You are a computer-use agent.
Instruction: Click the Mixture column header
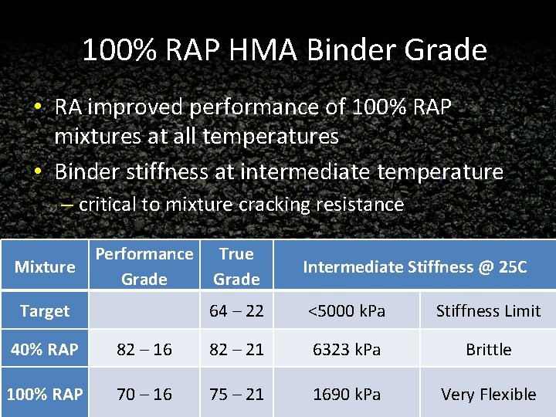pyautogui.click(x=45, y=267)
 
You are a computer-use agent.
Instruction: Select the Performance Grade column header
pyautogui.click(x=144, y=266)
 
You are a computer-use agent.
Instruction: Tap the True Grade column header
pyautogui.click(x=236, y=266)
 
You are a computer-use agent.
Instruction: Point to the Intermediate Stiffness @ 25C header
pyautogui.click(x=415, y=267)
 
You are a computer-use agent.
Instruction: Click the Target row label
pyautogui.click(x=45, y=311)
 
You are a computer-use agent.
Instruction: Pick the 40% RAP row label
pyautogui.click(x=45, y=350)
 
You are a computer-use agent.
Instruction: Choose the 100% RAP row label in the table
pyautogui.click(x=45, y=395)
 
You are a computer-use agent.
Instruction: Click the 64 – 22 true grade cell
pyautogui.click(x=236, y=311)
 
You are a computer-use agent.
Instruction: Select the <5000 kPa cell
pyautogui.click(x=347, y=311)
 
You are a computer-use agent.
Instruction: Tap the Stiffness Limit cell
pyautogui.click(x=488, y=311)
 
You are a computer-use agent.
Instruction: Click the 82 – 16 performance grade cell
pyautogui.click(x=144, y=350)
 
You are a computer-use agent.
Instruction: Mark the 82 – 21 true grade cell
pyautogui.click(x=236, y=350)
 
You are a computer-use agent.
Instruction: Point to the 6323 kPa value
pyautogui.click(x=347, y=350)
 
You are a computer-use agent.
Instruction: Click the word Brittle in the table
pyautogui.click(x=488, y=350)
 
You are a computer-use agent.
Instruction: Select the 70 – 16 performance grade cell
pyautogui.click(x=144, y=395)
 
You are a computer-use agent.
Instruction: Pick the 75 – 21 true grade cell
pyautogui.click(x=236, y=395)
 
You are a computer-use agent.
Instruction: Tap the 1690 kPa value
pyautogui.click(x=347, y=395)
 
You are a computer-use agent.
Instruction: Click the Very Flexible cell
pyautogui.click(x=488, y=395)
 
